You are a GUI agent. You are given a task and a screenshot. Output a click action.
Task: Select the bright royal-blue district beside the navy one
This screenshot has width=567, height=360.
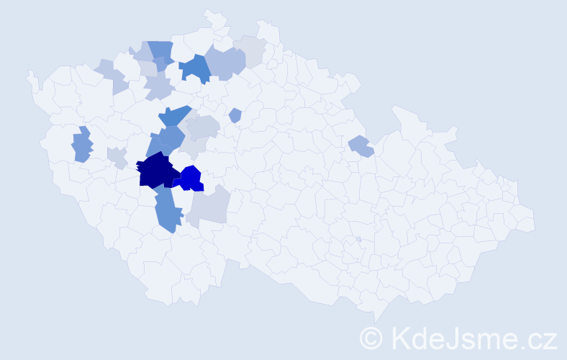pyautogui.click(x=191, y=178)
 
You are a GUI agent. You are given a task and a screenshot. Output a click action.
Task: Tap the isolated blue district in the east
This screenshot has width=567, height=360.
pyautogui.click(x=360, y=146)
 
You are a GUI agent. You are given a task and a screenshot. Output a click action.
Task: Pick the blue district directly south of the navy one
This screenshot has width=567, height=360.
pyautogui.click(x=166, y=212)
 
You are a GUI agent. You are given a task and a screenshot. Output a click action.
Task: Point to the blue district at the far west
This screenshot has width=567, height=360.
pyautogui.click(x=82, y=145)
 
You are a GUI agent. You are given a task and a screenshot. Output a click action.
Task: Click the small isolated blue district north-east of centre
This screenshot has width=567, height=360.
pyautogui.click(x=235, y=115)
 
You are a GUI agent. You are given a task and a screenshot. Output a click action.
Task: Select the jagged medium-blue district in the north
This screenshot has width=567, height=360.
pyautogui.click(x=194, y=68)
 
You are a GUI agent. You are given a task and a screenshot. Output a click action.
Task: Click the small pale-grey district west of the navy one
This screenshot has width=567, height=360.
pyautogui.click(x=117, y=156)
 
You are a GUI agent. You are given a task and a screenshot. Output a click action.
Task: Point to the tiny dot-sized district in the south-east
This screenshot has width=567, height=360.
pyautogui.click(x=358, y=239)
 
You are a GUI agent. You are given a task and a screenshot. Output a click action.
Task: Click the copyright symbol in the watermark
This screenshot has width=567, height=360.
pyautogui.click(x=372, y=338)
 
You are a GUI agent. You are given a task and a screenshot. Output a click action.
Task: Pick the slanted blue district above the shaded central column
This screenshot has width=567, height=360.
pyautogui.click(x=174, y=115)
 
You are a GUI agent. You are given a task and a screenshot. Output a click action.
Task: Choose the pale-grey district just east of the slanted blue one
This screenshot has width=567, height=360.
pyautogui.click(x=202, y=127)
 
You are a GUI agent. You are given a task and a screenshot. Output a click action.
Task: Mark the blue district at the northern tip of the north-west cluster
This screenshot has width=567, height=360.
pyautogui.click(x=161, y=50)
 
